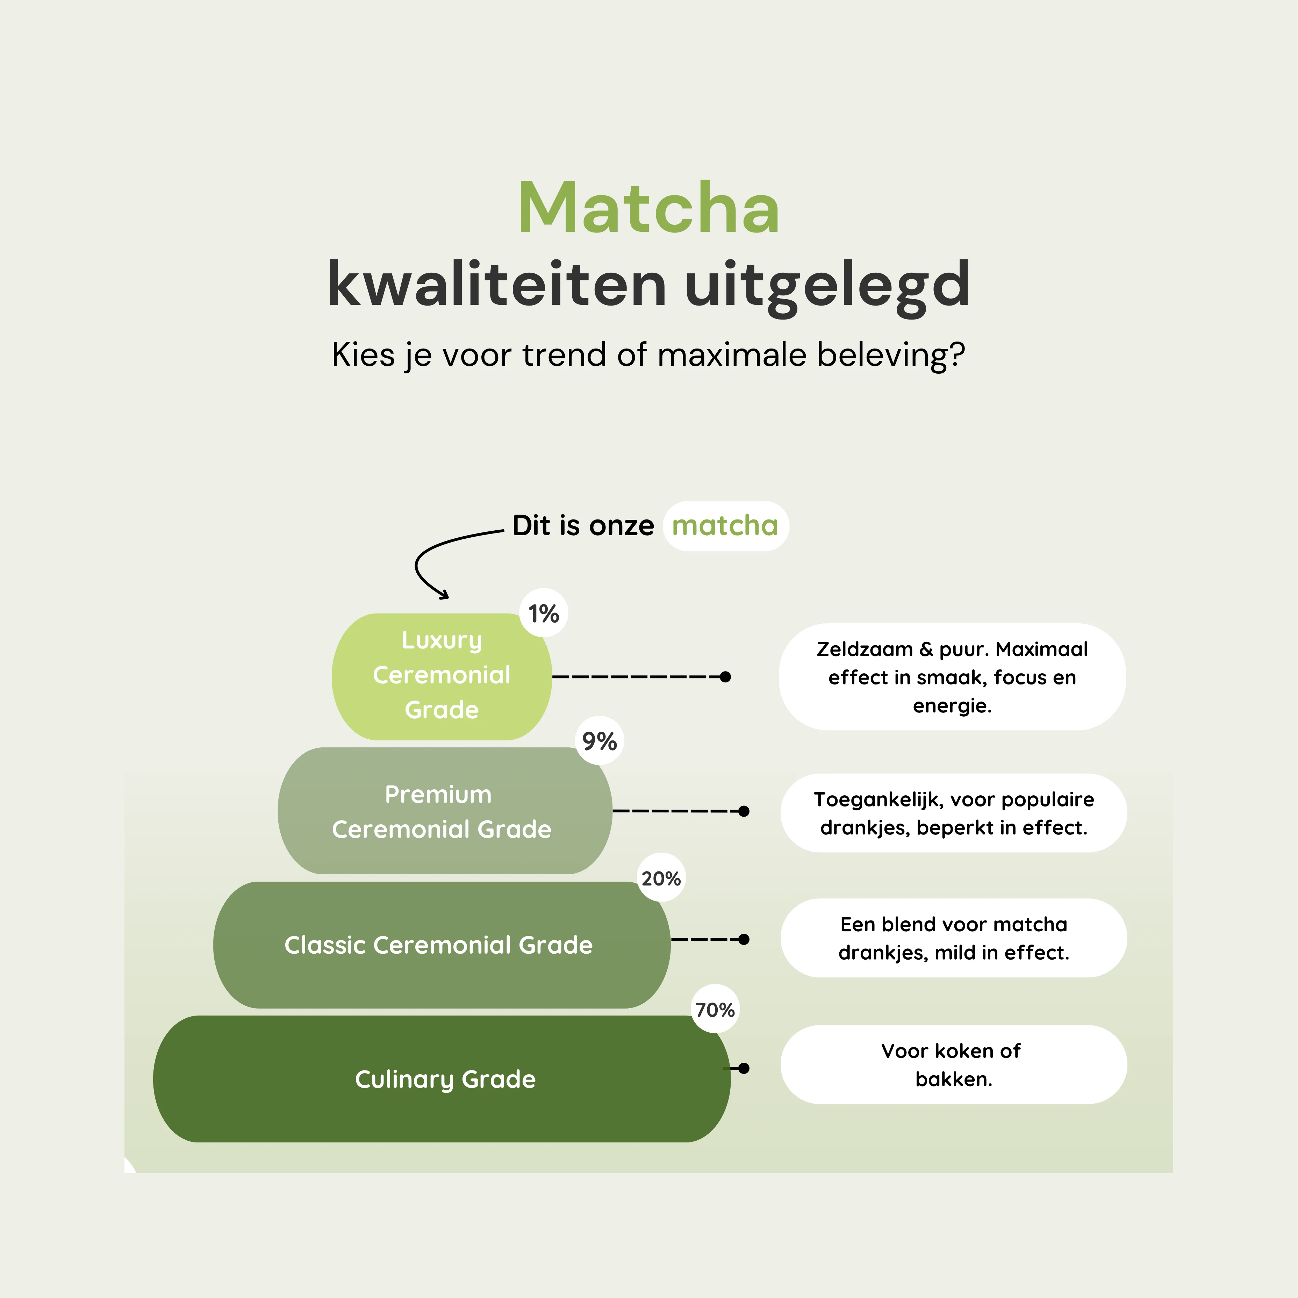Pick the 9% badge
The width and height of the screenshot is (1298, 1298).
tap(599, 741)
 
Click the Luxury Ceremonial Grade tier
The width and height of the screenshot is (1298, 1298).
tap(442, 676)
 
